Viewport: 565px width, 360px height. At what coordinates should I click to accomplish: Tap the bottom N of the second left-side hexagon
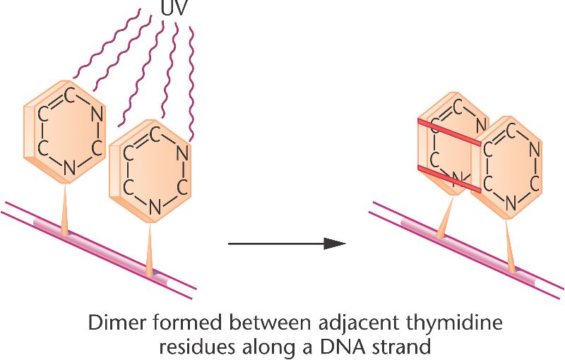tap(155, 207)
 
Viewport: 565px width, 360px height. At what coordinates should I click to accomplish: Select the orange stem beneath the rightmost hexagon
tap(510, 241)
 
